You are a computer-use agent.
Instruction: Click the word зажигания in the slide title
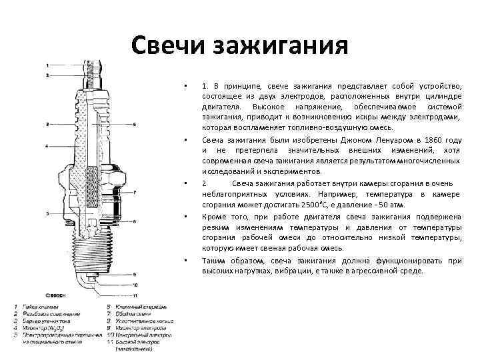(x=280, y=47)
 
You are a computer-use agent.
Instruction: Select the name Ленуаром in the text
(x=383, y=141)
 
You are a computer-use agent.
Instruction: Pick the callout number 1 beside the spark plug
(x=47, y=65)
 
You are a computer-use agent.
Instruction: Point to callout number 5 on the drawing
(x=47, y=213)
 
